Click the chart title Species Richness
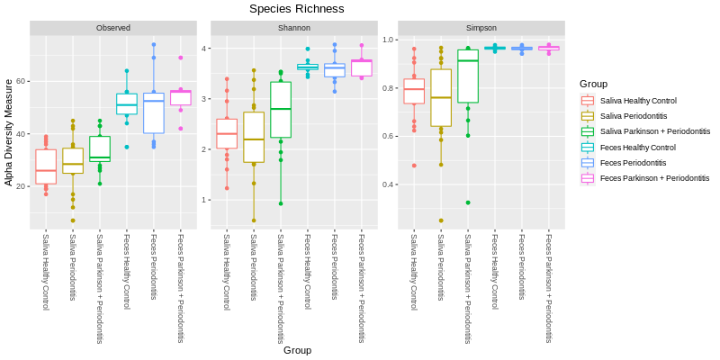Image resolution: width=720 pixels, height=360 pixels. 296,9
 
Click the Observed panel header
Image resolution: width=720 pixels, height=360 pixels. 113,28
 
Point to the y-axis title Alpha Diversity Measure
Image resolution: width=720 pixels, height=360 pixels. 9,132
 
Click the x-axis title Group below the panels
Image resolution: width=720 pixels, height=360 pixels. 297,350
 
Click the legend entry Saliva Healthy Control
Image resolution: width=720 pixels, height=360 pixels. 638,101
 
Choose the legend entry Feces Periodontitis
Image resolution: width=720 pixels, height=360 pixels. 633,163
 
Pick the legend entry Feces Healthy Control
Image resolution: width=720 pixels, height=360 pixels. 637,148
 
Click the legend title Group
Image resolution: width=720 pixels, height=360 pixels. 593,84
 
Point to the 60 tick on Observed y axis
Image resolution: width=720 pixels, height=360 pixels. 22,81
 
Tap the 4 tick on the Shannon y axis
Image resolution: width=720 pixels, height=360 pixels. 205,48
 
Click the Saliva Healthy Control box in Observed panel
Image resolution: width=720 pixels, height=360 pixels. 46,166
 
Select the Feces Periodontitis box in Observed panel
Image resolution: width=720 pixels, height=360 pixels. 154,113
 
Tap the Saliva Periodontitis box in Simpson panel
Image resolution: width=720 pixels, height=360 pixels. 441,97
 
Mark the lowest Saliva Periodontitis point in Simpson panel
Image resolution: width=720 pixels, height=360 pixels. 441,220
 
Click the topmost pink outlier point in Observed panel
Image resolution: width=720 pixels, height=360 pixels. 181,58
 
